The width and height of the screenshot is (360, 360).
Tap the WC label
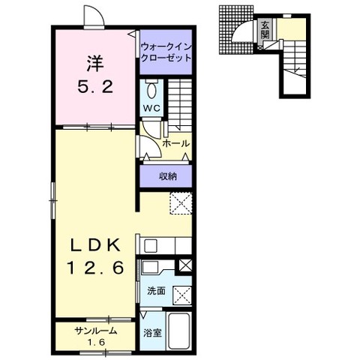coord(151,108)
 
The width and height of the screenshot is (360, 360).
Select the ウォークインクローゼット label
coord(166,52)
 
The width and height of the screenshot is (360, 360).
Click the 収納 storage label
coord(168,176)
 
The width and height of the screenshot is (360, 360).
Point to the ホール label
coord(175,143)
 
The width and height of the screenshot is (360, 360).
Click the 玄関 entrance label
coord(265,30)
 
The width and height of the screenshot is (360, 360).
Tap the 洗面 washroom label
coord(156,291)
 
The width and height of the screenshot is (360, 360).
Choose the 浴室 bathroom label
coord(152,333)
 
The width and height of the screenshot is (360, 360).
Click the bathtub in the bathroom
coord(179,331)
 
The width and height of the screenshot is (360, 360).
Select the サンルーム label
coord(96,331)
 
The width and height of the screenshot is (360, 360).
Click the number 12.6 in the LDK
coord(95,268)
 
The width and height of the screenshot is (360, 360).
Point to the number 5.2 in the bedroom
coord(95,87)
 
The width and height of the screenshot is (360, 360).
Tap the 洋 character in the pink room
coord(95,64)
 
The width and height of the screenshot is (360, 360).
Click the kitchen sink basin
coord(151,246)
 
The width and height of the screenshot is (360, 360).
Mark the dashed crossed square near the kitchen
coord(181,203)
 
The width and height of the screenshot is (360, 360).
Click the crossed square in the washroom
coord(182,296)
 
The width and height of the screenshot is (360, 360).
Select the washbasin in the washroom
coord(149,267)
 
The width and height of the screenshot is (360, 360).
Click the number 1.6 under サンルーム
coord(96,343)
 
